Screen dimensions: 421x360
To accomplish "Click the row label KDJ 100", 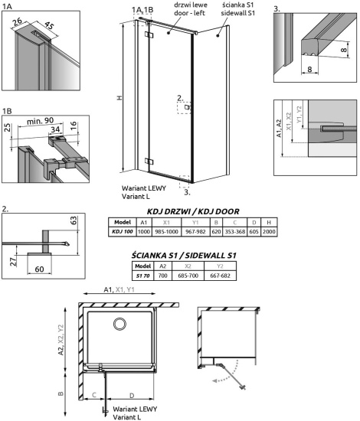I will (123, 230).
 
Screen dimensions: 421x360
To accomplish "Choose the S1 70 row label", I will (142, 276).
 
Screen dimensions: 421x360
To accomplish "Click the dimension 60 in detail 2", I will (40, 269).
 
